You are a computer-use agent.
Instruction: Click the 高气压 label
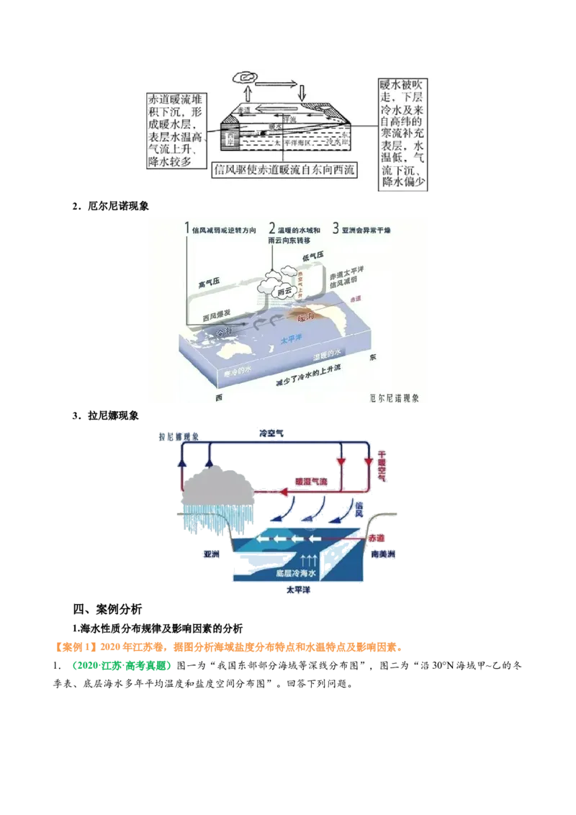point(211,285)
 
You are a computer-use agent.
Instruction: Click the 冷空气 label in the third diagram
point(273,432)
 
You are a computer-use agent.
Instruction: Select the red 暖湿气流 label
point(311,480)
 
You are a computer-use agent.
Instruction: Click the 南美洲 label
point(382,555)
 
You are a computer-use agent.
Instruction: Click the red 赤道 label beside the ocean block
point(377,538)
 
